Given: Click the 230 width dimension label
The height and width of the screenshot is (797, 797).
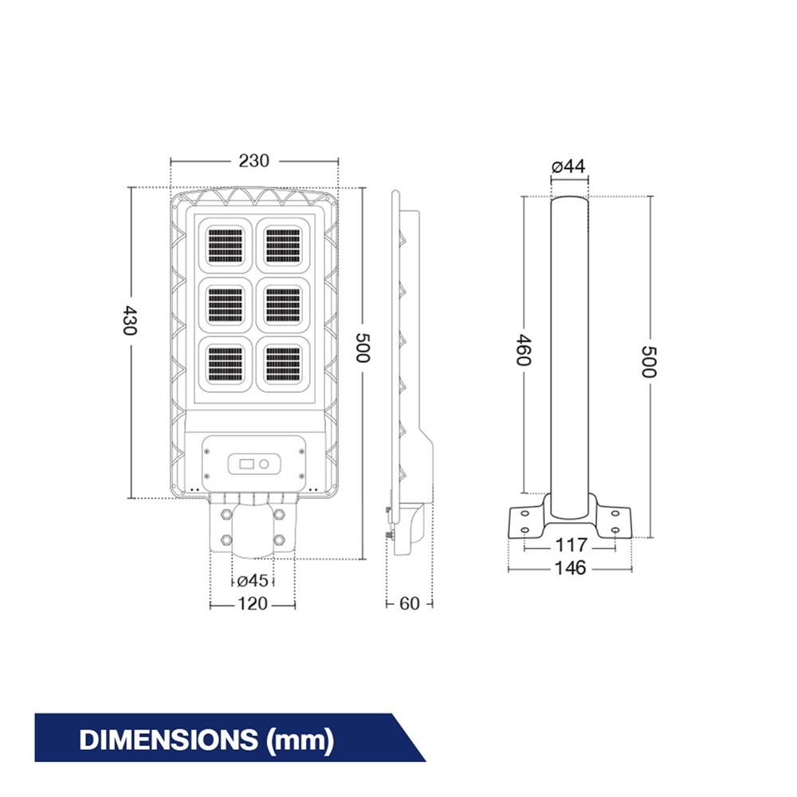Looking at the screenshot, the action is (253, 161).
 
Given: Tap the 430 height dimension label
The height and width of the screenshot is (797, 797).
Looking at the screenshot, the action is (130, 320).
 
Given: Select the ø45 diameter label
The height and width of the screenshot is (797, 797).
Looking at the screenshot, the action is (252, 580).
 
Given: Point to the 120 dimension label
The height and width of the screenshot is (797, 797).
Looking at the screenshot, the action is (253, 604).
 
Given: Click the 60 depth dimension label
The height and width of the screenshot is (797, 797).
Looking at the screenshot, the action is (409, 604).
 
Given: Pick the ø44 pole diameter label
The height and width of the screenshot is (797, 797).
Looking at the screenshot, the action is (568, 167).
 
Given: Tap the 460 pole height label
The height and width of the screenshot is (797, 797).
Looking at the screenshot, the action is (524, 350).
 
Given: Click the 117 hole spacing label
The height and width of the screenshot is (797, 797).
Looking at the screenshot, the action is (571, 545).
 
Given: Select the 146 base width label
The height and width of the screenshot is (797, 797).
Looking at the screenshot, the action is (571, 568).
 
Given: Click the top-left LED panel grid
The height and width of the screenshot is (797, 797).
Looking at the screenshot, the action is (226, 246).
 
